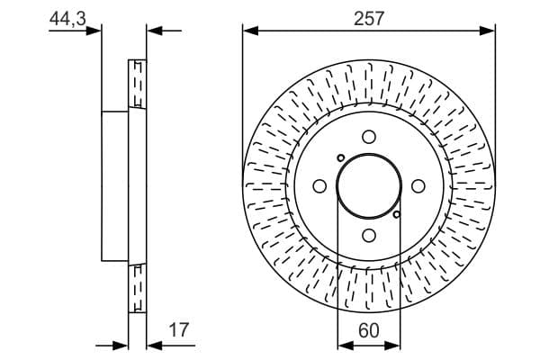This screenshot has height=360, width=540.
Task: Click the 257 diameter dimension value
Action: coord(369,18)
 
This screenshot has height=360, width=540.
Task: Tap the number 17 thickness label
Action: coord(179,330)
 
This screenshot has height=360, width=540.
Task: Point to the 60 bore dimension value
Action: coord(368,330)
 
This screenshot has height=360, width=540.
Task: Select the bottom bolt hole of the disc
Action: coord(369,235)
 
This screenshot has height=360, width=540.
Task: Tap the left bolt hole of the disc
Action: coord(319,185)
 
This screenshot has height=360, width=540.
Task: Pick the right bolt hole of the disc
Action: coord(418,185)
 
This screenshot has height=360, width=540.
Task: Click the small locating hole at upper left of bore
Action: coord(340,157)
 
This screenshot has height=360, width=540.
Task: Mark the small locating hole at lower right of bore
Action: coord(397,214)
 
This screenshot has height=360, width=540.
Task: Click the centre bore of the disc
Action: coord(369,185)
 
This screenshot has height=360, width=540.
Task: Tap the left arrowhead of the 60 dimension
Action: coord(343,344)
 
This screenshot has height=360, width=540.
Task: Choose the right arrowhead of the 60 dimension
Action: coord(394,344)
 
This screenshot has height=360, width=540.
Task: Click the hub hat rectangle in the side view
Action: coord(115,185)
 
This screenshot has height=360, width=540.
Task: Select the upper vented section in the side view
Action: coord(138,85)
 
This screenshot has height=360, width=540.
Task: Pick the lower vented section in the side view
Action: coord(138,288)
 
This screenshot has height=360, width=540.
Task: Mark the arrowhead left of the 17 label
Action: coord(152,344)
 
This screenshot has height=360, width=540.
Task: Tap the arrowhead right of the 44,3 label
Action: coord(95,31)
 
